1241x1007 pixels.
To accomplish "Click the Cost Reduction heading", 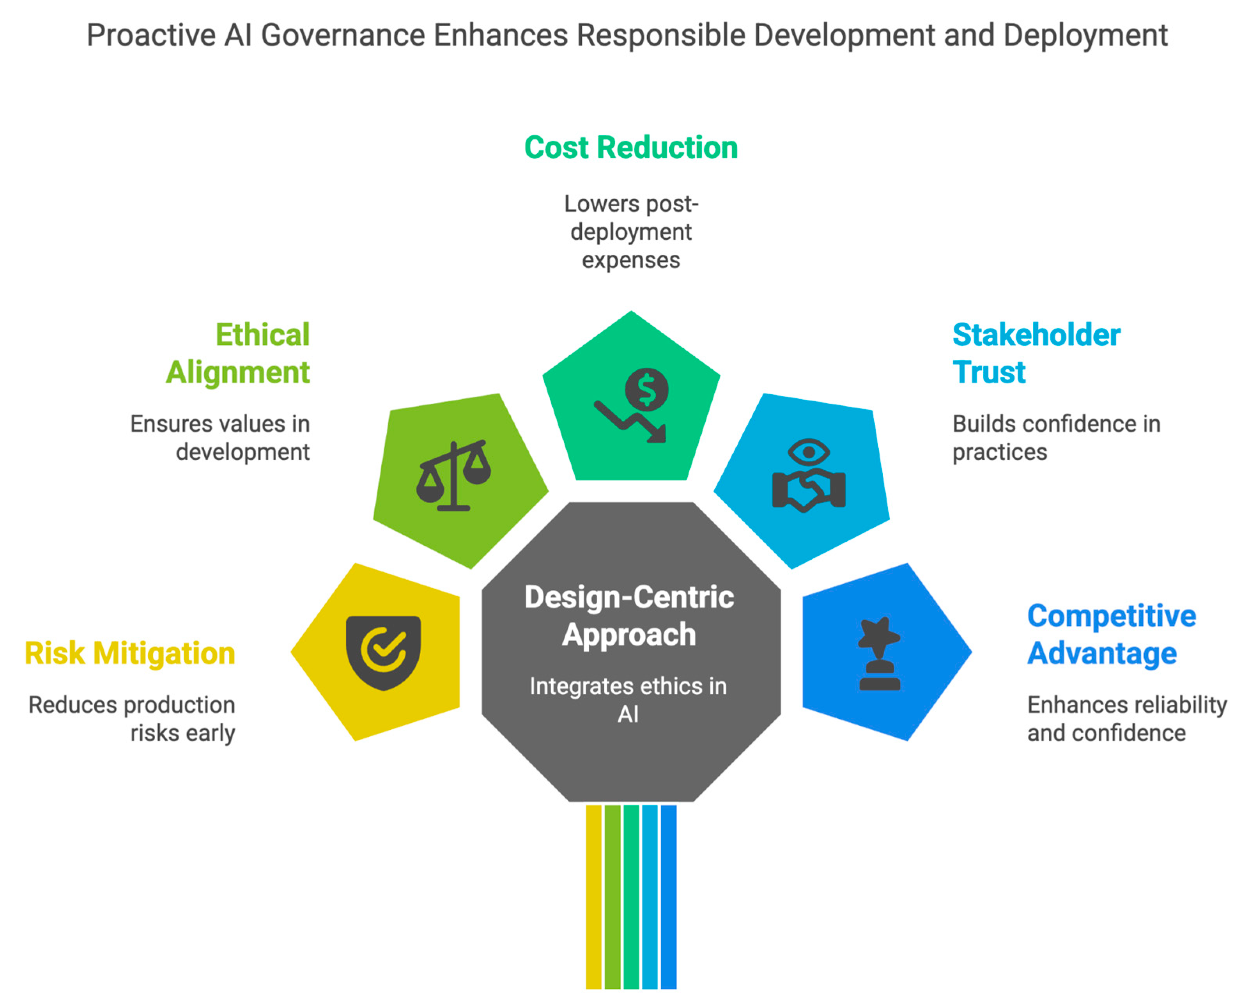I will click(630, 147).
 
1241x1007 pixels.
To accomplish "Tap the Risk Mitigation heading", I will click(130, 653).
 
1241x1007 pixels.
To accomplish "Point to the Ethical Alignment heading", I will click(238, 353).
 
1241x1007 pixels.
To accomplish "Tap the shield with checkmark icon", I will click(383, 652).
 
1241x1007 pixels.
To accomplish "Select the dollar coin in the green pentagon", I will click(646, 390).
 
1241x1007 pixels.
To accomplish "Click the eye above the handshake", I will click(808, 452).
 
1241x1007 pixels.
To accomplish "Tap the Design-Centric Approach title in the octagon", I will click(629, 615).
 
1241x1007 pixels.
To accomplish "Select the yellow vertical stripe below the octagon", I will click(593, 896).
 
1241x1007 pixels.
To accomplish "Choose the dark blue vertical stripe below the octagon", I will click(669, 896).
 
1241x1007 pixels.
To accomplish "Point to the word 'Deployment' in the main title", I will click(1085, 36).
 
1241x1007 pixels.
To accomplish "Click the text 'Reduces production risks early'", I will click(132, 719).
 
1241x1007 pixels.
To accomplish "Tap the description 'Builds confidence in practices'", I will click(1055, 438).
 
